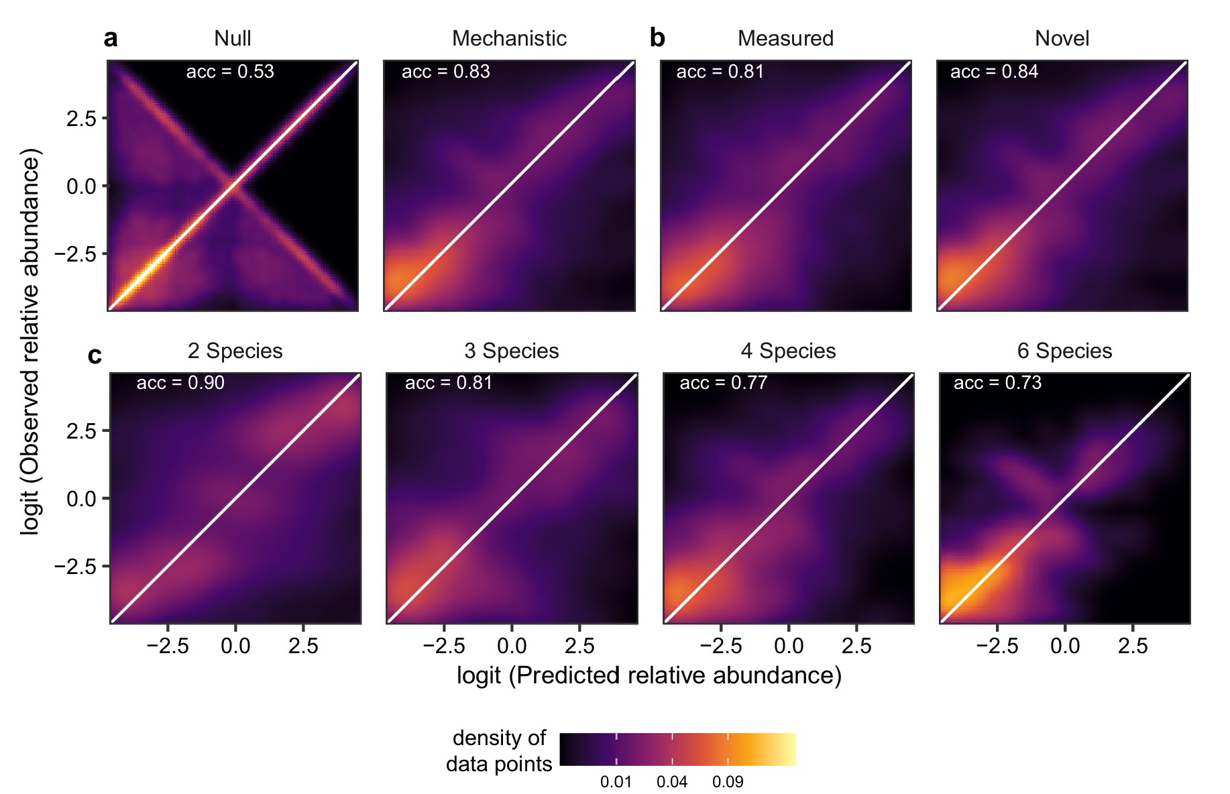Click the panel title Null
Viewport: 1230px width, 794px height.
pyautogui.click(x=232, y=38)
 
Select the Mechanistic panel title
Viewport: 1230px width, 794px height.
pyautogui.click(x=509, y=38)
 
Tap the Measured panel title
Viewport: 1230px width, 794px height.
pyautogui.click(x=785, y=38)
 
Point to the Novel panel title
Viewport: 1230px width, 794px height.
pyautogui.click(x=1062, y=38)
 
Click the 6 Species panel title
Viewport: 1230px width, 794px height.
pyautogui.click(x=1064, y=351)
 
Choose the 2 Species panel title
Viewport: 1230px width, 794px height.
pyautogui.click(x=235, y=351)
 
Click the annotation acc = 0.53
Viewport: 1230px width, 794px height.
pyautogui.click(x=230, y=72)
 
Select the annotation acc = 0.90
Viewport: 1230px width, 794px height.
pyautogui.click(x=180, y=383)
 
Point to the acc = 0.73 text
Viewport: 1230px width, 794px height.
pyautogui.click(x=997, y=383)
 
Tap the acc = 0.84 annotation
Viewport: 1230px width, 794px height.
pyautogui.click(x=994, y=72)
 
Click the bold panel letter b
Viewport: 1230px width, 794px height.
pyautogui.click(x=657, y=38)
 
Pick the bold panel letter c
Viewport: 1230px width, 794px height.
pyautogui.click(x=95, y=355)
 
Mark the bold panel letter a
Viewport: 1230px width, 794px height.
pyautogui.click(x=111, y=38)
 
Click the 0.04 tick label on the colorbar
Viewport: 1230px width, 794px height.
pyautogui.click(x=672, y=782)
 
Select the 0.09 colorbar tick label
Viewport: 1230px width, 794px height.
pyautogui.click(x=728, y=782)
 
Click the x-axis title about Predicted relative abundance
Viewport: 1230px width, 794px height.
pyautogui.click(x=649, y=675)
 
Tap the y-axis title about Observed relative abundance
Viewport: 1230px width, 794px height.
pyautogui.click(x=30, y=341)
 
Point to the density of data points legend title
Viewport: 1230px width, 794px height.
pyautogui.click(x=499, y=751)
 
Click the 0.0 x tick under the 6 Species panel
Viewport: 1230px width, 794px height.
pyautogui.click(x=1064, y=646)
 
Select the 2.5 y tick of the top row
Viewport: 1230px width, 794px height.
pyautogui.click(x=81, y=119)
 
